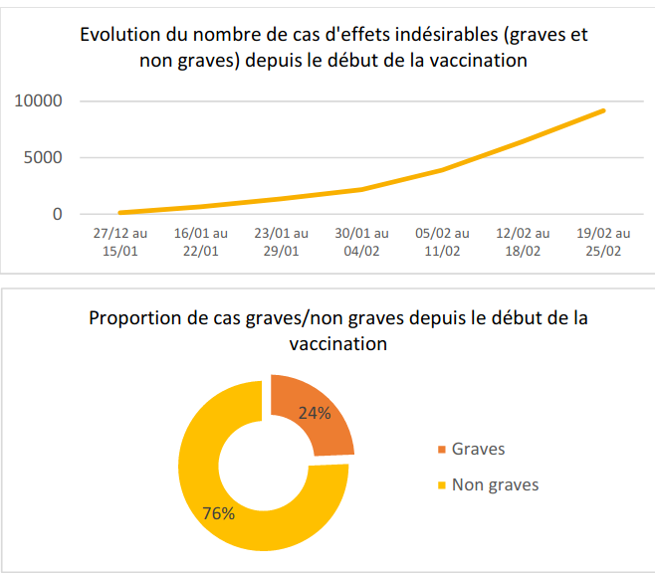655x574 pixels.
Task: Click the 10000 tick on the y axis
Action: tap(39, 101)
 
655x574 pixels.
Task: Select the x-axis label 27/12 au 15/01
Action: tap(119, 242)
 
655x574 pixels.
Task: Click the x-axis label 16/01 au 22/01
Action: tap(200, 242)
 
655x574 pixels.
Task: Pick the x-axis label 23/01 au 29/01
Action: tap(281, 242)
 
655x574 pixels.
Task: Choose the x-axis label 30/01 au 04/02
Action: tap(361, 242)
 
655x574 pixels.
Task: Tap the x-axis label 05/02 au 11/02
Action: tap(442, 242)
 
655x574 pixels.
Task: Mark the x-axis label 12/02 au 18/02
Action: tap(523, 242)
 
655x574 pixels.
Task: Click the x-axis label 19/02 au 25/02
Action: tap(603, 242)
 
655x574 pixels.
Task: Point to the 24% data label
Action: tap(315, 414)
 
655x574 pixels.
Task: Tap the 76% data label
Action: tap(218, 513)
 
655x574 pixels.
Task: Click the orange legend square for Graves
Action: tap(440, 450)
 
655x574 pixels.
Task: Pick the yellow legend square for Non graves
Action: tap(440, 485)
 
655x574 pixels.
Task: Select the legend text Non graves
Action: tap(495, 485)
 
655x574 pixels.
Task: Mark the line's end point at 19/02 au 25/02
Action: tap(603, 110)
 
